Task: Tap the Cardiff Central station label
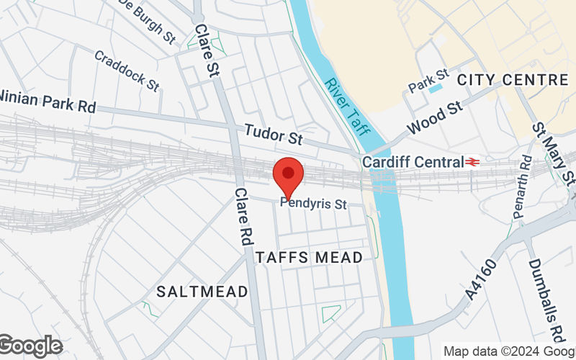413,162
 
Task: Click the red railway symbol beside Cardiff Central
474,162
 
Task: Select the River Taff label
346,104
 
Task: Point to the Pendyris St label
313,204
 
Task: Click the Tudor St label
273,132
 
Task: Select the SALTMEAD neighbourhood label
202,292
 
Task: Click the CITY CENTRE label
513,79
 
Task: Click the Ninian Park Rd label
48,101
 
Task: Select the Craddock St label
126,70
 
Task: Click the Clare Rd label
242,216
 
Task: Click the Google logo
30,346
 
